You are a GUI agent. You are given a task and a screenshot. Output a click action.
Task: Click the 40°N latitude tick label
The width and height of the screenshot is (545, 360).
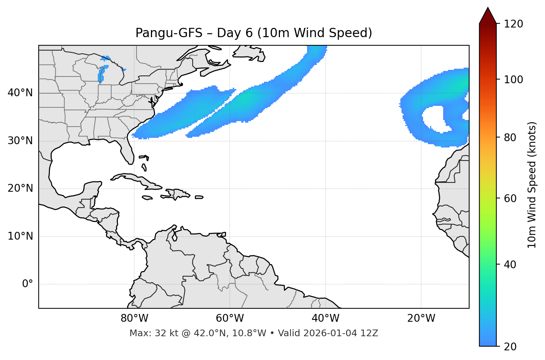[20, 93]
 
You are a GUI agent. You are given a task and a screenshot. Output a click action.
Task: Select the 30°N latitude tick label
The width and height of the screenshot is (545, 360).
[20, 141]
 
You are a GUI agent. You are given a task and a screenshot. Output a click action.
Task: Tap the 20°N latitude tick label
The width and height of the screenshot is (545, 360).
[20, 188]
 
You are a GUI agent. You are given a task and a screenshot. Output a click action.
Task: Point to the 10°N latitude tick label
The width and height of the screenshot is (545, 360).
[20, 236]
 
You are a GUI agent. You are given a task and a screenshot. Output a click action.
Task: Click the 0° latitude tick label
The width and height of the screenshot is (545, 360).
[28, 284]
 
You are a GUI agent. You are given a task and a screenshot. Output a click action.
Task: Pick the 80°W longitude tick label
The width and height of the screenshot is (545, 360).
[134, 318]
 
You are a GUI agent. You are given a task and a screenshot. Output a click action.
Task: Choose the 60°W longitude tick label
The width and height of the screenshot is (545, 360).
[230, 318]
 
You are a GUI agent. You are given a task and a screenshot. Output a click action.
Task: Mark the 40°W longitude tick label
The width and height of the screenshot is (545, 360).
[325, 318]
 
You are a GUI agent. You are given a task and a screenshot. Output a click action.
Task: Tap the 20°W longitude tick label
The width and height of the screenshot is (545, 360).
[421, 318]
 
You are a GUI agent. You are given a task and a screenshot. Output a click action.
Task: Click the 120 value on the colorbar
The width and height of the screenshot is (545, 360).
[513, 24]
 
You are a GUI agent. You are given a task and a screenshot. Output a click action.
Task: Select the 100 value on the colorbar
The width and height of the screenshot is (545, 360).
[513, 80]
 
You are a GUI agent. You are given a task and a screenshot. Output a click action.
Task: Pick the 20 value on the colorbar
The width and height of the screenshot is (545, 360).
[510, 347]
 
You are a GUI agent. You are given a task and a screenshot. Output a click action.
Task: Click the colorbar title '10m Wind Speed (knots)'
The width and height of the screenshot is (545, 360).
[532, 185]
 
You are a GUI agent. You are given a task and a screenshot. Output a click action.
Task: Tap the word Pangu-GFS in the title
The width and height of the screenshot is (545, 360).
[169, 33]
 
